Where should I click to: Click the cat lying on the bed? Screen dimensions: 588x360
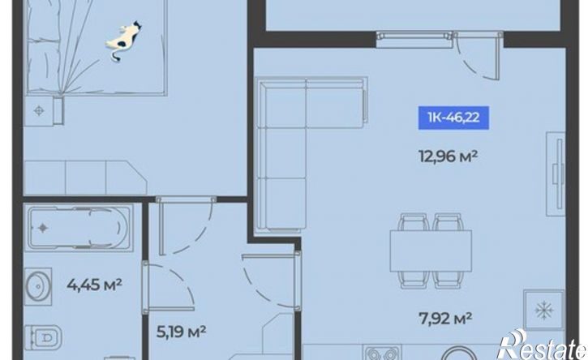(124, 40)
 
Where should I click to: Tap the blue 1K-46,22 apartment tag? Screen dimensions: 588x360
(453, 118)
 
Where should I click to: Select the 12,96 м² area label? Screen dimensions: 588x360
(448, 156)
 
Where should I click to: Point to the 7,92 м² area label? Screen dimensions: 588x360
(445, 319)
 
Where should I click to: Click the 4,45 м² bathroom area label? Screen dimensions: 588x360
(95, 285)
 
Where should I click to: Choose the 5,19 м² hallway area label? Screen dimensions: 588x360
(181, 332)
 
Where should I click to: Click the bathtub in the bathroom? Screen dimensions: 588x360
(79, 227)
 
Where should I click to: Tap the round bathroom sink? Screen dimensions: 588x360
(38, 286)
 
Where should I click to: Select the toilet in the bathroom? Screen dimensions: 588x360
(43, 337)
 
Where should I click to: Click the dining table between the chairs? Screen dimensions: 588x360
(431, 251)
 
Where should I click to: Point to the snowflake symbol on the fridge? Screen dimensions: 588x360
(543, 310)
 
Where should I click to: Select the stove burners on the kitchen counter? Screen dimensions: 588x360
(381, 354)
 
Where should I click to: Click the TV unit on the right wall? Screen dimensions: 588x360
(556, 174)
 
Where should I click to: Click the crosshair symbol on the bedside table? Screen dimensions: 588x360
(39, 110)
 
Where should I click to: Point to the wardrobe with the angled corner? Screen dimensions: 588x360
(85, 178)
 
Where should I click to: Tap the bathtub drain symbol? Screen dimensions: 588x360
(43, 228)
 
